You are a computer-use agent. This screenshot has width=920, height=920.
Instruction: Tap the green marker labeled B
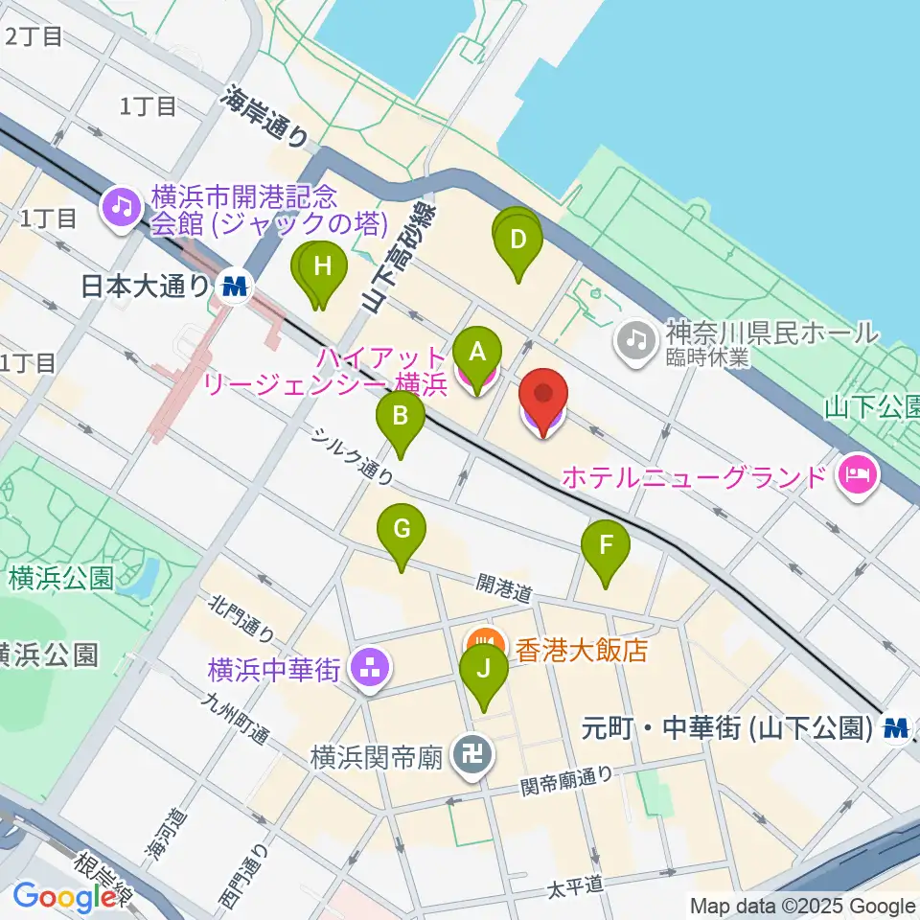401,416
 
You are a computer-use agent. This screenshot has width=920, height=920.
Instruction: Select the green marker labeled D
518,239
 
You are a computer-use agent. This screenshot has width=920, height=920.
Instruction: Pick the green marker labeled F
606,545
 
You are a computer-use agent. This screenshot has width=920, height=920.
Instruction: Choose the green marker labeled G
402,528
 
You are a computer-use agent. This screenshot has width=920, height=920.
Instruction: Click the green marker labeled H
323,265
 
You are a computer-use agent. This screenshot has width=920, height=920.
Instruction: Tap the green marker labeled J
484,669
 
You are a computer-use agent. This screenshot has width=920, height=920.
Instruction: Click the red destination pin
543,396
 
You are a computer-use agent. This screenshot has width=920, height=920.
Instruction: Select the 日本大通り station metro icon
233,285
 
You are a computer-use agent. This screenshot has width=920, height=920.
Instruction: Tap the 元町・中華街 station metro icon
896,728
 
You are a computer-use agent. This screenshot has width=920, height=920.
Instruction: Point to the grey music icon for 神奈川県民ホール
633,335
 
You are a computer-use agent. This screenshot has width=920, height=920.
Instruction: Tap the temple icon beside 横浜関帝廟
473,756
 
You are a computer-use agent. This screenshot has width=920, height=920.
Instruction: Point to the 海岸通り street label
266,116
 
